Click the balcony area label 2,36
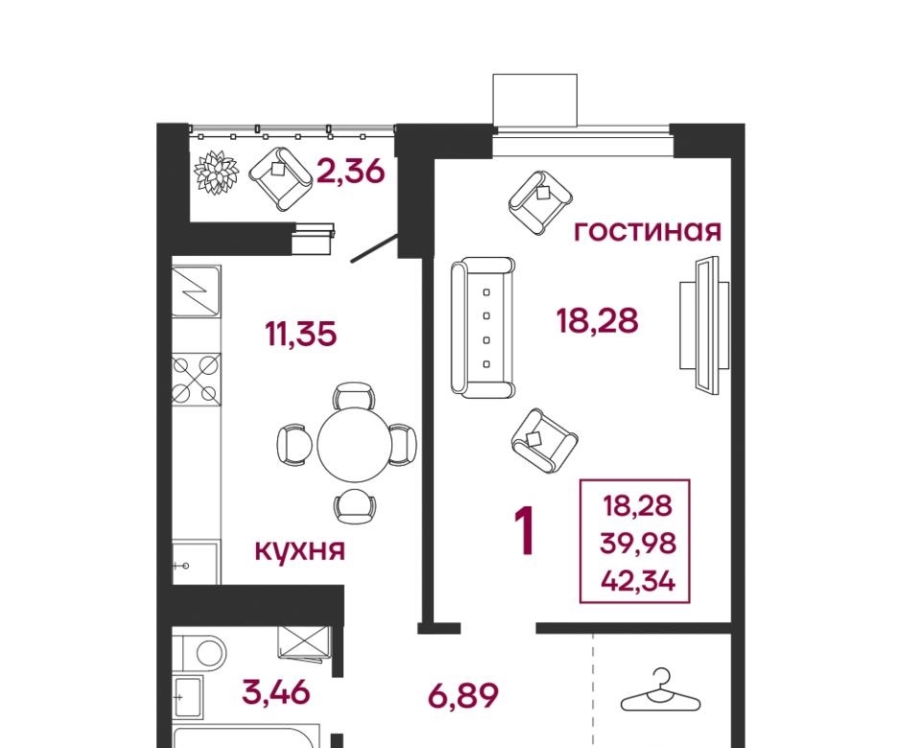[x=351, y=172]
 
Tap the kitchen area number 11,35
[x=301, y=335]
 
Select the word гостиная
[x=648, y=231]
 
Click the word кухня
[x=300, y=550]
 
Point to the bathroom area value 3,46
[x=275, y=691]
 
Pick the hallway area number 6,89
[x=464, y=696]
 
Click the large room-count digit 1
[x=525, y=531]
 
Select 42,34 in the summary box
[x=638, y=581]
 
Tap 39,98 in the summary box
[x=638, y=543]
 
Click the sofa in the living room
[x=483, y=327]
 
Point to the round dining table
[x=354, y=444]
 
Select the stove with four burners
[x=197, y=380]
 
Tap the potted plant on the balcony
[x=217, y=172]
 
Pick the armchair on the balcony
[x=281, y=178]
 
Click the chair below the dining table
[x=355, y=506]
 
